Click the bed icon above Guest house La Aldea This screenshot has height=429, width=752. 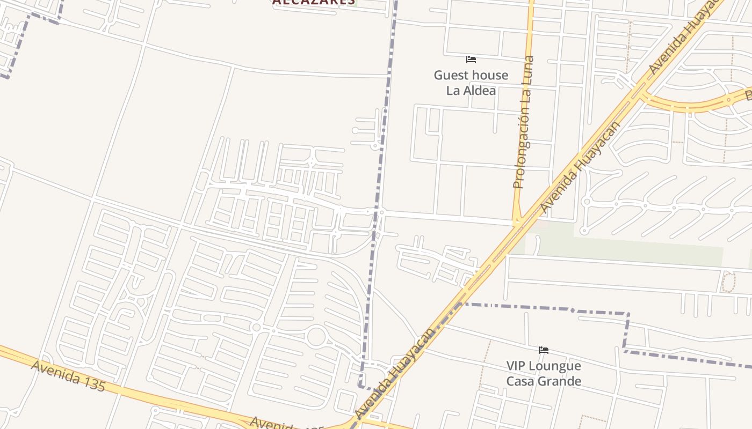point(471,60)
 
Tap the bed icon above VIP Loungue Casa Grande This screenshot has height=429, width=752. point(544,350)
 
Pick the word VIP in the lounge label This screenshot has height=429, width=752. point(516,366)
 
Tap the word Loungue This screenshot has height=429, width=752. point(555,366)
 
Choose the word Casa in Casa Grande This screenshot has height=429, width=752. point(520,381)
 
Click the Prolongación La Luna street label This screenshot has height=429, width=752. point(523,122)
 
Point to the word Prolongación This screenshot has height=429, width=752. point(520,150)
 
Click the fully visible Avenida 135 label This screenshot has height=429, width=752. point(68,376)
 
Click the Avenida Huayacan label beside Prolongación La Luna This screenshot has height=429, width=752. point(580,167)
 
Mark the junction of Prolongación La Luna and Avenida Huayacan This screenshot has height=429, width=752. point(518,221)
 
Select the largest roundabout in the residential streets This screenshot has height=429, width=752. point(316,337)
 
